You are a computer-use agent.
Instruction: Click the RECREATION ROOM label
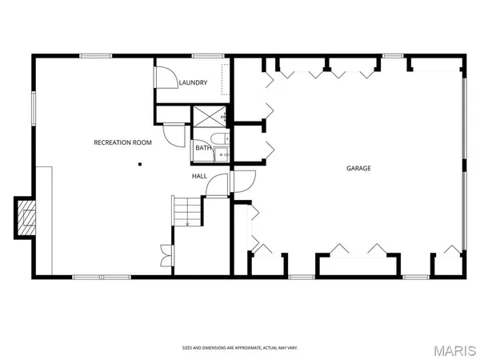[x=122, y=142]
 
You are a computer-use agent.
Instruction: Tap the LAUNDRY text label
[x=194, y=83]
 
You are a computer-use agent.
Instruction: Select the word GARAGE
[x=358, y=168]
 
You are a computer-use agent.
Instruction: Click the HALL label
[x=199, y=175]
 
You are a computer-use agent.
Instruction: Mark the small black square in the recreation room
[x=140, y=165]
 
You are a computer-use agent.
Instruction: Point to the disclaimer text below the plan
[x=240, y=347]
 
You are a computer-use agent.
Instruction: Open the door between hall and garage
[x=242, y=181]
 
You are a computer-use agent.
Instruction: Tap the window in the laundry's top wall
[x=207, y=55]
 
